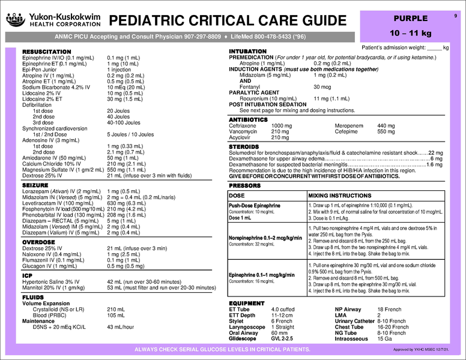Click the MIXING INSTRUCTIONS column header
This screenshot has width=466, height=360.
coord(339,196)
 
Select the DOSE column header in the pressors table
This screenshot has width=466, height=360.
coord(237,196)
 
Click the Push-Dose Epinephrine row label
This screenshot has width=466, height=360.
coord(255,205)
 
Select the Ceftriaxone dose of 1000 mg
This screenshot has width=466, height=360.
coord(282,126)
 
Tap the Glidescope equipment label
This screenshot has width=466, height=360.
coord(243,338)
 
